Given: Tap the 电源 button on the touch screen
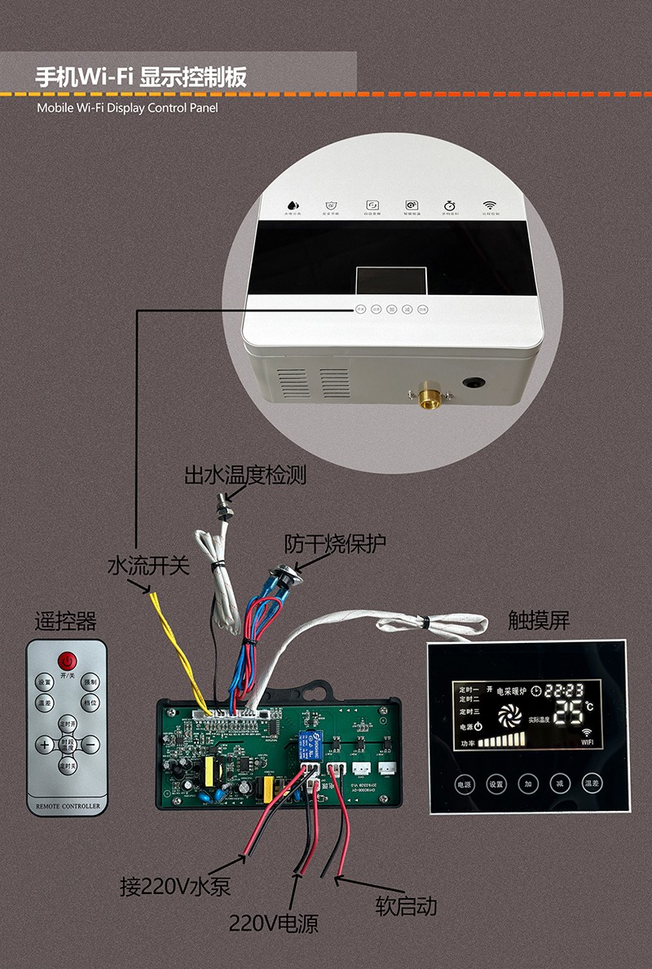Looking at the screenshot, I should tap(464, 784).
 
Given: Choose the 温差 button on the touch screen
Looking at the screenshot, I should tap(592, 784).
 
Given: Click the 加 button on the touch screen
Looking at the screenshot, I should tap(528, 784).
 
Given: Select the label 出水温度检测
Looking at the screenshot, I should tap(244, 475).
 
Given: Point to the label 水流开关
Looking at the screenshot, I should tap(148, 566).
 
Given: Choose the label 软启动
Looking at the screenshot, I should tap(406, 905).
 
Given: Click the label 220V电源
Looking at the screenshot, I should tap(272, 923).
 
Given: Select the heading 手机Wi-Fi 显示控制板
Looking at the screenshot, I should tap(140, 77).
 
